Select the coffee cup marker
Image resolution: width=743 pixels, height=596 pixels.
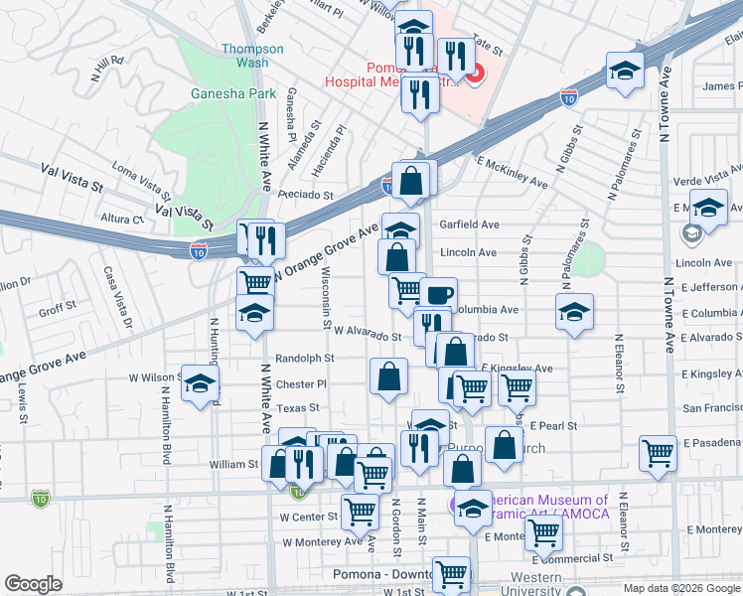[438, 294]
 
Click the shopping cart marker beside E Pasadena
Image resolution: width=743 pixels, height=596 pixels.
[659, 453]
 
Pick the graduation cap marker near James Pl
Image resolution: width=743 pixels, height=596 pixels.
[626, 71]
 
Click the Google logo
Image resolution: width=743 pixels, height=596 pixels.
[32, 584]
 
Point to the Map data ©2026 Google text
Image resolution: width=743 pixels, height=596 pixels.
[680, 588]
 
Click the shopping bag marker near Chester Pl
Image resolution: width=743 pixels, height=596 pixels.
[388, 375]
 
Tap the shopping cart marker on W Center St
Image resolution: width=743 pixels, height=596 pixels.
[359, 512]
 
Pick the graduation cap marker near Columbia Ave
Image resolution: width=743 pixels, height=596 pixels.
[574, 311]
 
